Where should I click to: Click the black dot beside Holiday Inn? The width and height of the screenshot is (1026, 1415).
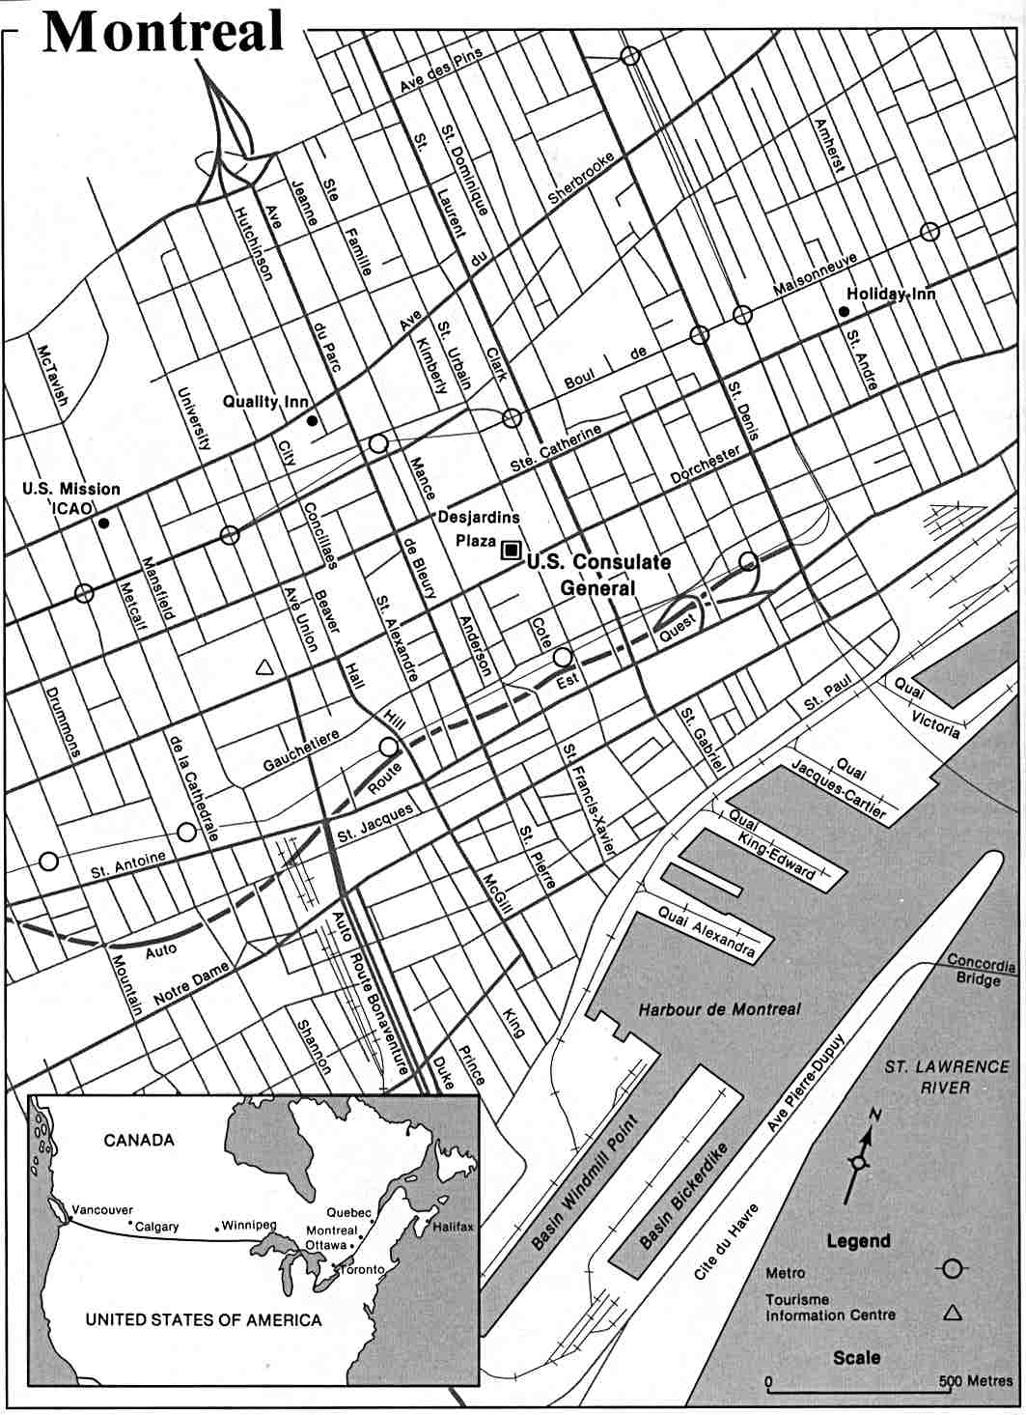click(x=844, y=311)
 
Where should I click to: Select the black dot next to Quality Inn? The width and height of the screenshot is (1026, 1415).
click(x=312, y=421)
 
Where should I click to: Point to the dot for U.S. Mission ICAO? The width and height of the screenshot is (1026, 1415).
click(x=103, y=523)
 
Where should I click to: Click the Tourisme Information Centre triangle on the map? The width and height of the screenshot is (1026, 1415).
click(x=263, y=666)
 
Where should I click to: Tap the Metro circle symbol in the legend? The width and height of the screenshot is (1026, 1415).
click(x=953, y=1268)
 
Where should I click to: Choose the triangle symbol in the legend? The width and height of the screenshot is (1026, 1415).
click(x=953, y=1312)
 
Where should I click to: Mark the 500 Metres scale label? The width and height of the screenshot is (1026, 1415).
click(x=975, y=1381)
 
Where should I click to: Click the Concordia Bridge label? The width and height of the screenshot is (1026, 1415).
click(x=981, y=971)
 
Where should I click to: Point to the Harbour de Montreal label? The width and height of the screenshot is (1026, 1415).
click(x=720, y=1009)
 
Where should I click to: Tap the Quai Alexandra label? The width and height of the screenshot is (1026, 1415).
click(x=707, y=931)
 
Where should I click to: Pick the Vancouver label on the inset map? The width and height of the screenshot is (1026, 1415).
click(x=101, y=1210)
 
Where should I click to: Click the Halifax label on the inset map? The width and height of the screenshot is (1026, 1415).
click(x=453, y=1226)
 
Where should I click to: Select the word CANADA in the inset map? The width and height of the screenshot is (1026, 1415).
click(x=139, y=1140)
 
